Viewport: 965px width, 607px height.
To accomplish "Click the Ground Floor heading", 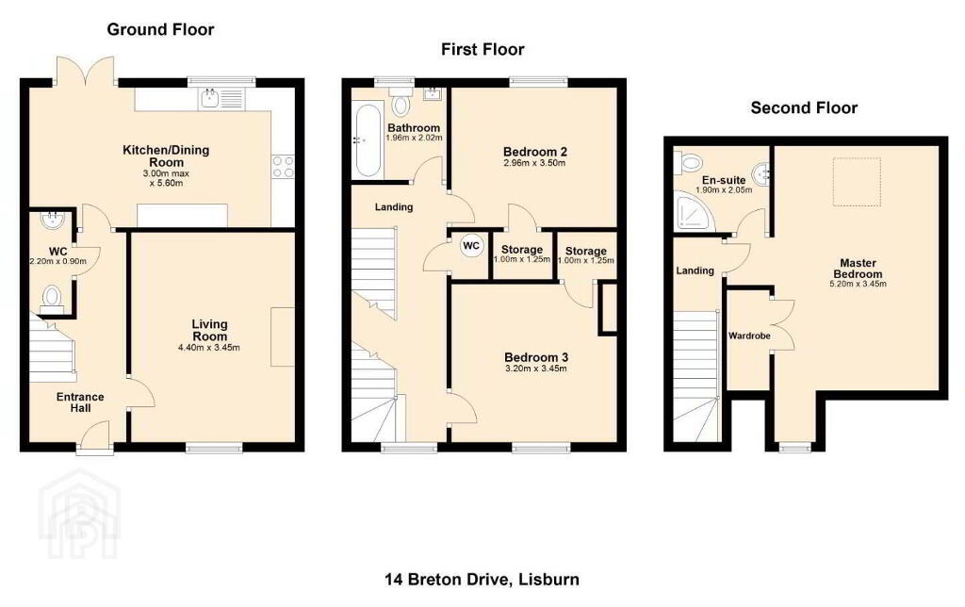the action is pos(160,29).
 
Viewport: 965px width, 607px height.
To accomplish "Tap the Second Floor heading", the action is pos(804,108).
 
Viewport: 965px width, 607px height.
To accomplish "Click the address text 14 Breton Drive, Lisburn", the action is pos(482,580).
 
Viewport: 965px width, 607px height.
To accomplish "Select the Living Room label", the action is pos(210,330).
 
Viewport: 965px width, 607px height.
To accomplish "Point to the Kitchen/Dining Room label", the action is pos(166,156).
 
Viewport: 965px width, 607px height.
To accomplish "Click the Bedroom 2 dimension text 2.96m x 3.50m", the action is pos(535,163).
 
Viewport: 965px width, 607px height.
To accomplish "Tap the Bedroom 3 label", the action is pos(536,357).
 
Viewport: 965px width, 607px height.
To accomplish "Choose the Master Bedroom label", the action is pos(858,269).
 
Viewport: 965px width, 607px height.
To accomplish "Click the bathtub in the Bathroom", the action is pos(368,139).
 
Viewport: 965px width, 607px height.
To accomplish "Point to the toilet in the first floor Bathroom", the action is pos(401,102).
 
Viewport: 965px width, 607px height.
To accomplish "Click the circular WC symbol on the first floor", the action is pos(471,246).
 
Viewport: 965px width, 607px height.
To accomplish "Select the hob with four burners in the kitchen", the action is pos(283,166).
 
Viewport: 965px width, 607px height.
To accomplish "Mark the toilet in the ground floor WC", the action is pos(52,299).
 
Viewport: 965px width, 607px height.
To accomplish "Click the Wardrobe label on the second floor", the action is pos(749,336).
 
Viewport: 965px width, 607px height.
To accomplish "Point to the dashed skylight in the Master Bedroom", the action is pos(857,182).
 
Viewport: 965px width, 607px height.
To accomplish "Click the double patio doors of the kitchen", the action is pos(86,71).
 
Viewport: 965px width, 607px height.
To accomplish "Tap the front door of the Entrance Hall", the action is pos(93,437).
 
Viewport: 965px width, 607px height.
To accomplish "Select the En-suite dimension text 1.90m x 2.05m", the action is pos(724,190).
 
